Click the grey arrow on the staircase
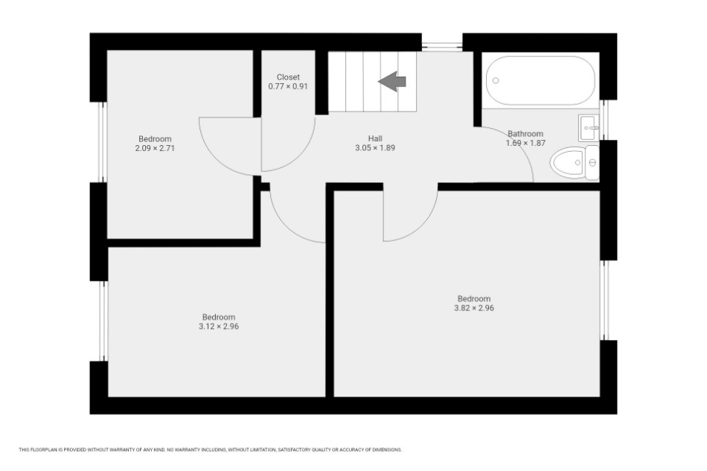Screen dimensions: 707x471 (392, 82)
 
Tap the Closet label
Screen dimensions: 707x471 (288, 77)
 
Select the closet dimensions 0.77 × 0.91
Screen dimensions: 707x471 (288, 86)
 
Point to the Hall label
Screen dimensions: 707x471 (375, 138)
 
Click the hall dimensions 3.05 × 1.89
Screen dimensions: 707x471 (375, 147)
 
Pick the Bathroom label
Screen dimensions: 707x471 (525, 133)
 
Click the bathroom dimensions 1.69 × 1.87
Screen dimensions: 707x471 (525, 143)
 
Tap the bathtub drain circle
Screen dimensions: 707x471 (496, 80)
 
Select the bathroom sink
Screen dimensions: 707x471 (589, 127)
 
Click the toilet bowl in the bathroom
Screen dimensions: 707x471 (567, 162)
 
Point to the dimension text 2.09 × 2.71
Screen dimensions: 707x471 (155, 148)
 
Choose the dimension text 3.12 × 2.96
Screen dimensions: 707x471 (219, 327)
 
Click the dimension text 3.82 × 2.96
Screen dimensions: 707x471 (474, 308)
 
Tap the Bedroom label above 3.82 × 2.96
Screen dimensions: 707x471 (474, 298)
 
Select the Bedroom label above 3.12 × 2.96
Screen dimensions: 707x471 (219, 317)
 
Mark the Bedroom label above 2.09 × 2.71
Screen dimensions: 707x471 (155, 139)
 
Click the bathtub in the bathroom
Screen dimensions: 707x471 (540, 80)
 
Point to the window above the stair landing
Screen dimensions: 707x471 (442, 45)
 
